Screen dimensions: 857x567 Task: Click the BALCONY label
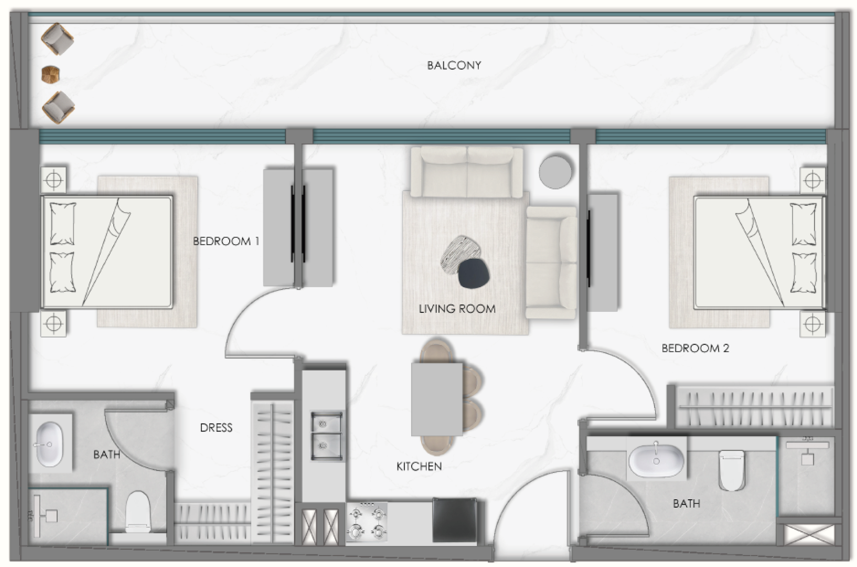point(454,66)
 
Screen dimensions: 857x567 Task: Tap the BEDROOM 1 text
point(226,241)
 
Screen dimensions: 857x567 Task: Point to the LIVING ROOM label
point(457,309)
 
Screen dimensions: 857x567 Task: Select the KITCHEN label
point(419,466)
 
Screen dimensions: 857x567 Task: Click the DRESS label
point(216,428)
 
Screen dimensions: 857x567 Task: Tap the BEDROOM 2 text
point(695,348)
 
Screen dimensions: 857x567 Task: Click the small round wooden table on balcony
point(50,74)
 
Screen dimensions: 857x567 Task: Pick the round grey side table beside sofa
point(555,172)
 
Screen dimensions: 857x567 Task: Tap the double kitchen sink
point(326,436)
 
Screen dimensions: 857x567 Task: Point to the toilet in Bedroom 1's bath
point(138,511)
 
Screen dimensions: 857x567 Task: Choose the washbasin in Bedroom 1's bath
point(49,444)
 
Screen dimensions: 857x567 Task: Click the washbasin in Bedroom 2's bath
point(656,460)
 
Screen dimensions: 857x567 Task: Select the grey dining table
point(437,400)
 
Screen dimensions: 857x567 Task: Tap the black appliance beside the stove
point(455,520)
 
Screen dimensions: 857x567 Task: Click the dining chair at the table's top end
point(436,351)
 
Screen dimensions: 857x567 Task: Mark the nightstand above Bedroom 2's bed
point(812,180)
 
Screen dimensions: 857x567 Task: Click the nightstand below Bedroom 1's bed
point(53,323)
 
